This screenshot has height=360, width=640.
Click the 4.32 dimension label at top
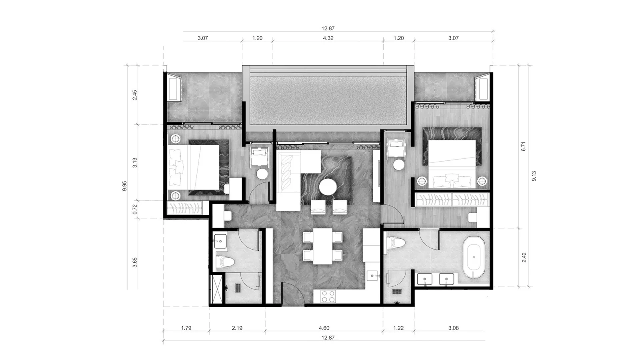[x=328, y=38]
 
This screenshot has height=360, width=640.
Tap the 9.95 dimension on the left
[x=124, y=186]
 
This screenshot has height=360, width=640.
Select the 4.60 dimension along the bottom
[x=324, y=328]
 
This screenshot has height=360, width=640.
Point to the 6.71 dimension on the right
[x=524, y=146]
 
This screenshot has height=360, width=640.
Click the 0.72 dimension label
[x=135, y=209]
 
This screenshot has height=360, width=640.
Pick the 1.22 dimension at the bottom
[x=398, y=328]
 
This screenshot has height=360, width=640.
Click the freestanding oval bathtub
[x=474, y=257]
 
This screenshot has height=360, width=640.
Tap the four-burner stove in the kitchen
[x=328, y=296]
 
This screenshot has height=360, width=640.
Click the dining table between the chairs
[x=322, y=246]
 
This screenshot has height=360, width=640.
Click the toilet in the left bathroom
[x=225, y=262]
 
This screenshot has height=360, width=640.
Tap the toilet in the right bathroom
[x=396, y=243]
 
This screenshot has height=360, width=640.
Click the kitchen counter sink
[x=372, y=276]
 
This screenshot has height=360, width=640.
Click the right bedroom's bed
[x=452, y=164]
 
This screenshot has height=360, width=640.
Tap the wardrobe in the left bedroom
[x=184, y=208]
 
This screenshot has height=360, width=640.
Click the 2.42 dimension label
[x=524, y=258]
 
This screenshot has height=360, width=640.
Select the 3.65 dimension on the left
[x=135, y=262]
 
